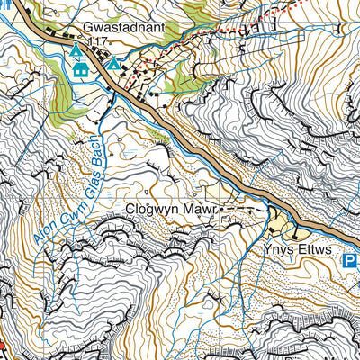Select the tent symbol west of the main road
click(x=74, y=53)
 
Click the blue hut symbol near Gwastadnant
click(x=80, y=69)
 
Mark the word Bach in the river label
click(x=94, y=144)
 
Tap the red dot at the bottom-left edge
click(x=2, y=345)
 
